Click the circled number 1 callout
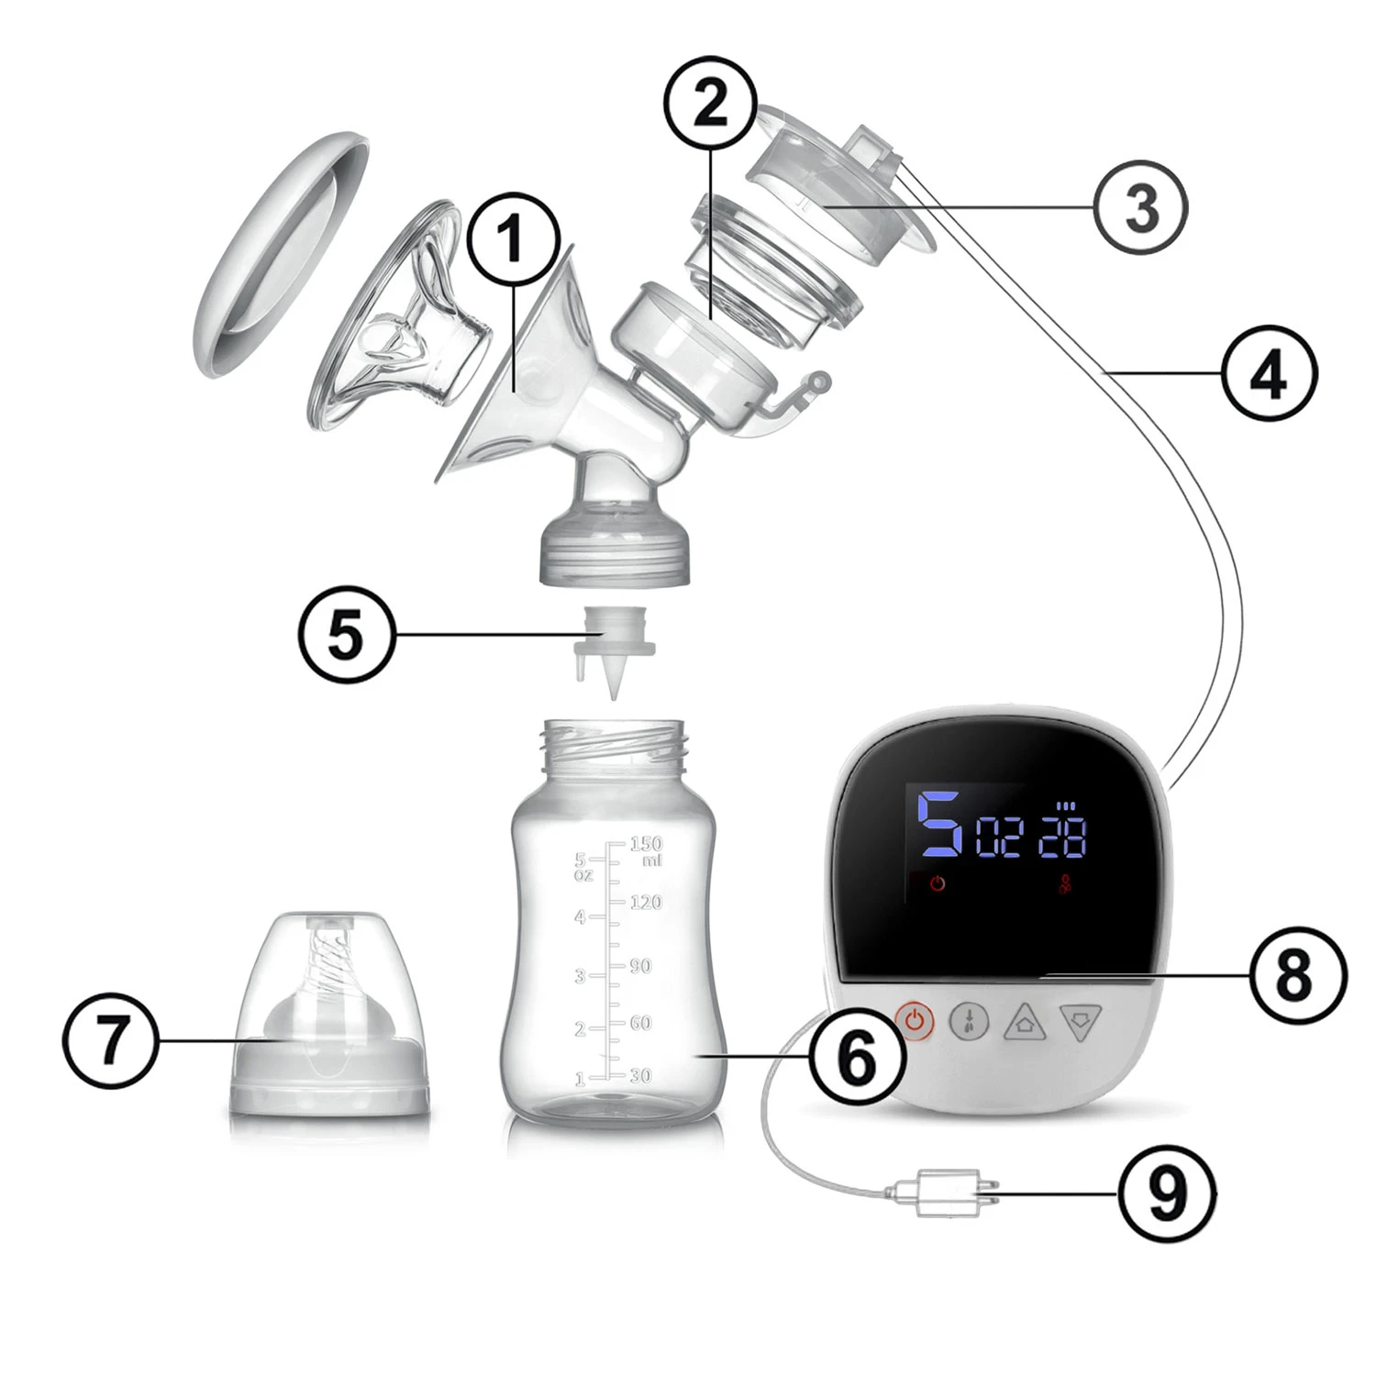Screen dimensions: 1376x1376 [513, 239]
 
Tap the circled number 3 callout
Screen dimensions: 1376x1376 [1141, 207]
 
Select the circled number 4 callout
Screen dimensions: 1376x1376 [1269, 373]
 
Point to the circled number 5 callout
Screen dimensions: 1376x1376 [347, 634]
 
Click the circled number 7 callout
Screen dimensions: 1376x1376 [110, 1039]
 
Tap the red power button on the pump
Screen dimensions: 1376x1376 [914, 1021]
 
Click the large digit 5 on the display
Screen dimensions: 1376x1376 [940, 823]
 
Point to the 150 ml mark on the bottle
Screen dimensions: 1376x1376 [646, 849]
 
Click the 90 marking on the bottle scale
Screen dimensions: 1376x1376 [640, 966]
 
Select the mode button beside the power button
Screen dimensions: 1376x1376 [969, 1021]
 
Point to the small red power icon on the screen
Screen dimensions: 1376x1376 [938, 885]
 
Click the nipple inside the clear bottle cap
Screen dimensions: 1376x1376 [330, 1018]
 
